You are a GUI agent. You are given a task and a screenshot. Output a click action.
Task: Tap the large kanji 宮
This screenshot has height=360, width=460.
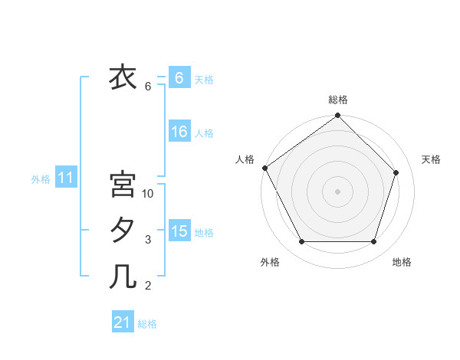123,185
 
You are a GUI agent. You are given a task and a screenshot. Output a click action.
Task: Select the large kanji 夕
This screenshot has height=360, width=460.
123,230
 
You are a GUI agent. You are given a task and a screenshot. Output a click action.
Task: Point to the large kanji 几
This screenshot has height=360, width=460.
123,275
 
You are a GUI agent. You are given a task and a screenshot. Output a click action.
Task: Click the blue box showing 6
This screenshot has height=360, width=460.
179,77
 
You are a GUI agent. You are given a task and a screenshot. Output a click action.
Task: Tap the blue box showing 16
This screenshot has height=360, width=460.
179,132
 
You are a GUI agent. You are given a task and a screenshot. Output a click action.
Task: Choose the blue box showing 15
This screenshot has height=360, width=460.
179,231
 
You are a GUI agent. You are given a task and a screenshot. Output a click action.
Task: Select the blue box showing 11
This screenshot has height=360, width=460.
66,178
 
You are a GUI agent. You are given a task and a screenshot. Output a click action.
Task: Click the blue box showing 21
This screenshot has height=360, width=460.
123,322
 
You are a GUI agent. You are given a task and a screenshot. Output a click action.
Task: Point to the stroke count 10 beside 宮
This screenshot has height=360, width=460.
148,194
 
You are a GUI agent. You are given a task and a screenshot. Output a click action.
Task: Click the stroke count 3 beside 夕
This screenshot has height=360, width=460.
148,240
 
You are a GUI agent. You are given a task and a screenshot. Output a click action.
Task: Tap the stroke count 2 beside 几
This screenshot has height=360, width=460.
148,286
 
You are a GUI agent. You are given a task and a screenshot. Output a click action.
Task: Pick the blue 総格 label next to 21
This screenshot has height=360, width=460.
147,324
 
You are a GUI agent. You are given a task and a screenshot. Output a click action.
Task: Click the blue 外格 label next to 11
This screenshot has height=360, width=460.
41,179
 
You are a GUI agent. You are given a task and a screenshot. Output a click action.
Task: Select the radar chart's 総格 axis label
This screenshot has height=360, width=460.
338,100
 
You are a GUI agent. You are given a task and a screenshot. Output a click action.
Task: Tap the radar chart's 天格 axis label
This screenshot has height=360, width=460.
431,159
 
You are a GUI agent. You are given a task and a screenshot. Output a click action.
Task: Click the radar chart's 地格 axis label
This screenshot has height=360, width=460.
402,262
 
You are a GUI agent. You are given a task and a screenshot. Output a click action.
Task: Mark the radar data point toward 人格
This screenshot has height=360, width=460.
265,168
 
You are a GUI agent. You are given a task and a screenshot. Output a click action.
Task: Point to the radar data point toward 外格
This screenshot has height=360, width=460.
301,242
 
